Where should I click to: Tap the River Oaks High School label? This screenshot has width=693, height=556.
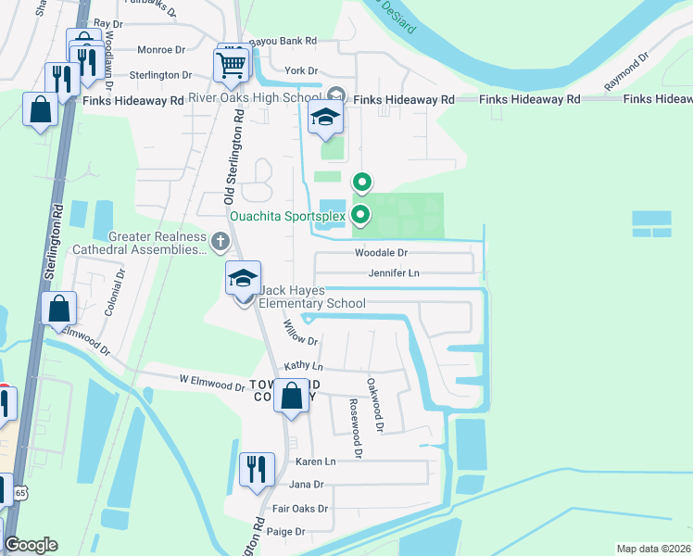254,98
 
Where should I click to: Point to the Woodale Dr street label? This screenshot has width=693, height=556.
381,252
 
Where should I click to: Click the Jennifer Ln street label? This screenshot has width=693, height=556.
394,273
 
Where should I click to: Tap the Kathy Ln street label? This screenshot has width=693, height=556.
303,367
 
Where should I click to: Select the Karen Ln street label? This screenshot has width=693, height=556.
315,461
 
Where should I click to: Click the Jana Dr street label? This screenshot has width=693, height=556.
307,485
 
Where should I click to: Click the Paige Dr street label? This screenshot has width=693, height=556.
286,532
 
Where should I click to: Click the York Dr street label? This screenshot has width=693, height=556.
301,70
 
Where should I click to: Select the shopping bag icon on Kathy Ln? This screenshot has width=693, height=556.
292,397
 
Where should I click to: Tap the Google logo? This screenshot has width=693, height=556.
31,545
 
